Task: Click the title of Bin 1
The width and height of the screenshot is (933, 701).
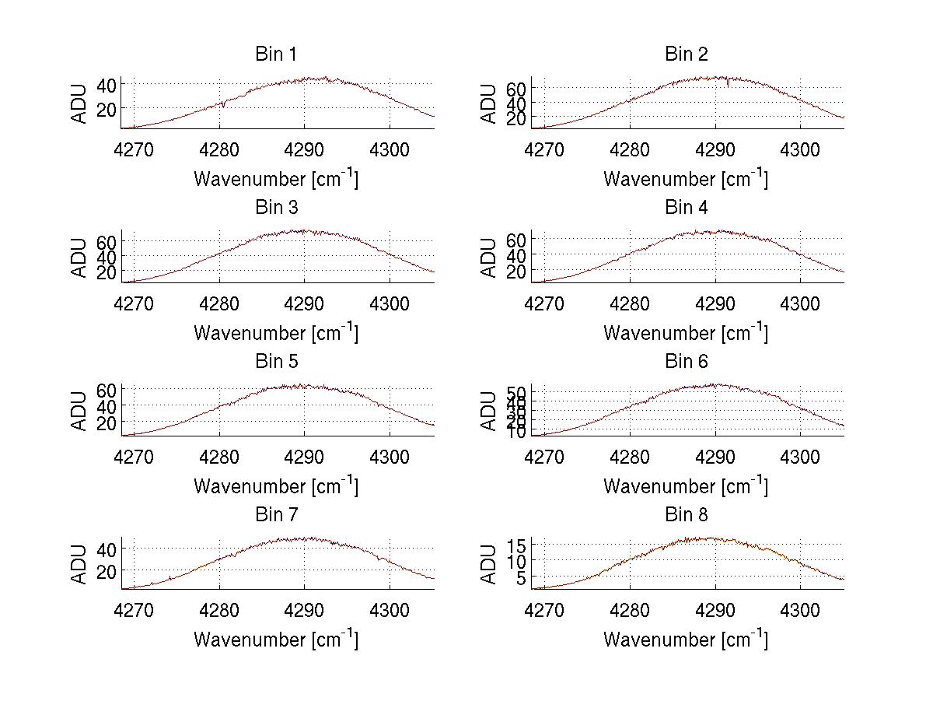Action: pos(275,54)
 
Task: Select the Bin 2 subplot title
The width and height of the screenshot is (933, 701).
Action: pos(686,54)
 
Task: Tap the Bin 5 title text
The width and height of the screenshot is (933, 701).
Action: pos(275,362)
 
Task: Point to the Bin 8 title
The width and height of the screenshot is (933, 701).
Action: pos(686,515)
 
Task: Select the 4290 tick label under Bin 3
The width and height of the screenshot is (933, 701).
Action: pos(304,303)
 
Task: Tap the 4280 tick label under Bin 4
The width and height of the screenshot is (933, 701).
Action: pos(629,303)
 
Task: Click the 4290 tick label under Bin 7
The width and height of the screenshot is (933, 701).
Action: pos(304,609)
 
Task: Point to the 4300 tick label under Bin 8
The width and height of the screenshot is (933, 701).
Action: pos(799,609)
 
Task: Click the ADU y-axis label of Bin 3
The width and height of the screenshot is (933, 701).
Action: pos(79,257)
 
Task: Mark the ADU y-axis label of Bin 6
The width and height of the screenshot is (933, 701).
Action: pos(489,410)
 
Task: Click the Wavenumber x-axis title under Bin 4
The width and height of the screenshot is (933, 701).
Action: pos(685,333)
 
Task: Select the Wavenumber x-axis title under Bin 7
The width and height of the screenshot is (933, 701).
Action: pos(275,640)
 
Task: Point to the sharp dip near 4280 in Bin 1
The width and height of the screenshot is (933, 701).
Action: pos(223,104)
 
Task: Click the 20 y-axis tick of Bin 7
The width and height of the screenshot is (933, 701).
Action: pos(107,570)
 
